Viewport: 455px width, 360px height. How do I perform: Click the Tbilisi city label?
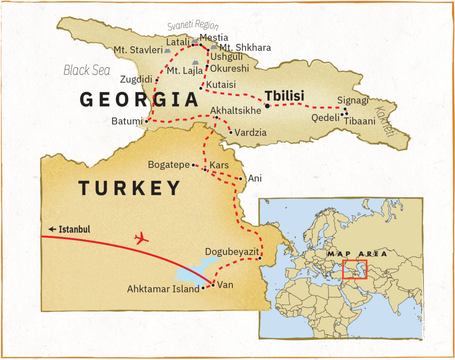(x=284, y=96)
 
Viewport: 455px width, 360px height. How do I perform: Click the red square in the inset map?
(x=355, y=269)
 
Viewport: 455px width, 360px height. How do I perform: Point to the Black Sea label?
(x=87, y=70)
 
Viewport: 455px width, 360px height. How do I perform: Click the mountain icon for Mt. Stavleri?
(x=167, y=50)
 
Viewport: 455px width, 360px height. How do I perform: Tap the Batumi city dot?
(x=147, y=121)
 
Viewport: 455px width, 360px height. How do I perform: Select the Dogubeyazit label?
(x=232, y=252)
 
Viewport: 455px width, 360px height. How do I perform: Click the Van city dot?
(x=213, y=285)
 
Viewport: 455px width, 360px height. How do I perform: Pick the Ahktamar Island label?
(x=163, y=289)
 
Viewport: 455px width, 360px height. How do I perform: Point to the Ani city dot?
(x=240, y=179)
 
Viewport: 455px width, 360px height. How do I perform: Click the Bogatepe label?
(x=169, y=165)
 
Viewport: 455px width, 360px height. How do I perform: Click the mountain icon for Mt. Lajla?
(x=195, y=62)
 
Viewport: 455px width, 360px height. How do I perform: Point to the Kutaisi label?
(x=221, y=84)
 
